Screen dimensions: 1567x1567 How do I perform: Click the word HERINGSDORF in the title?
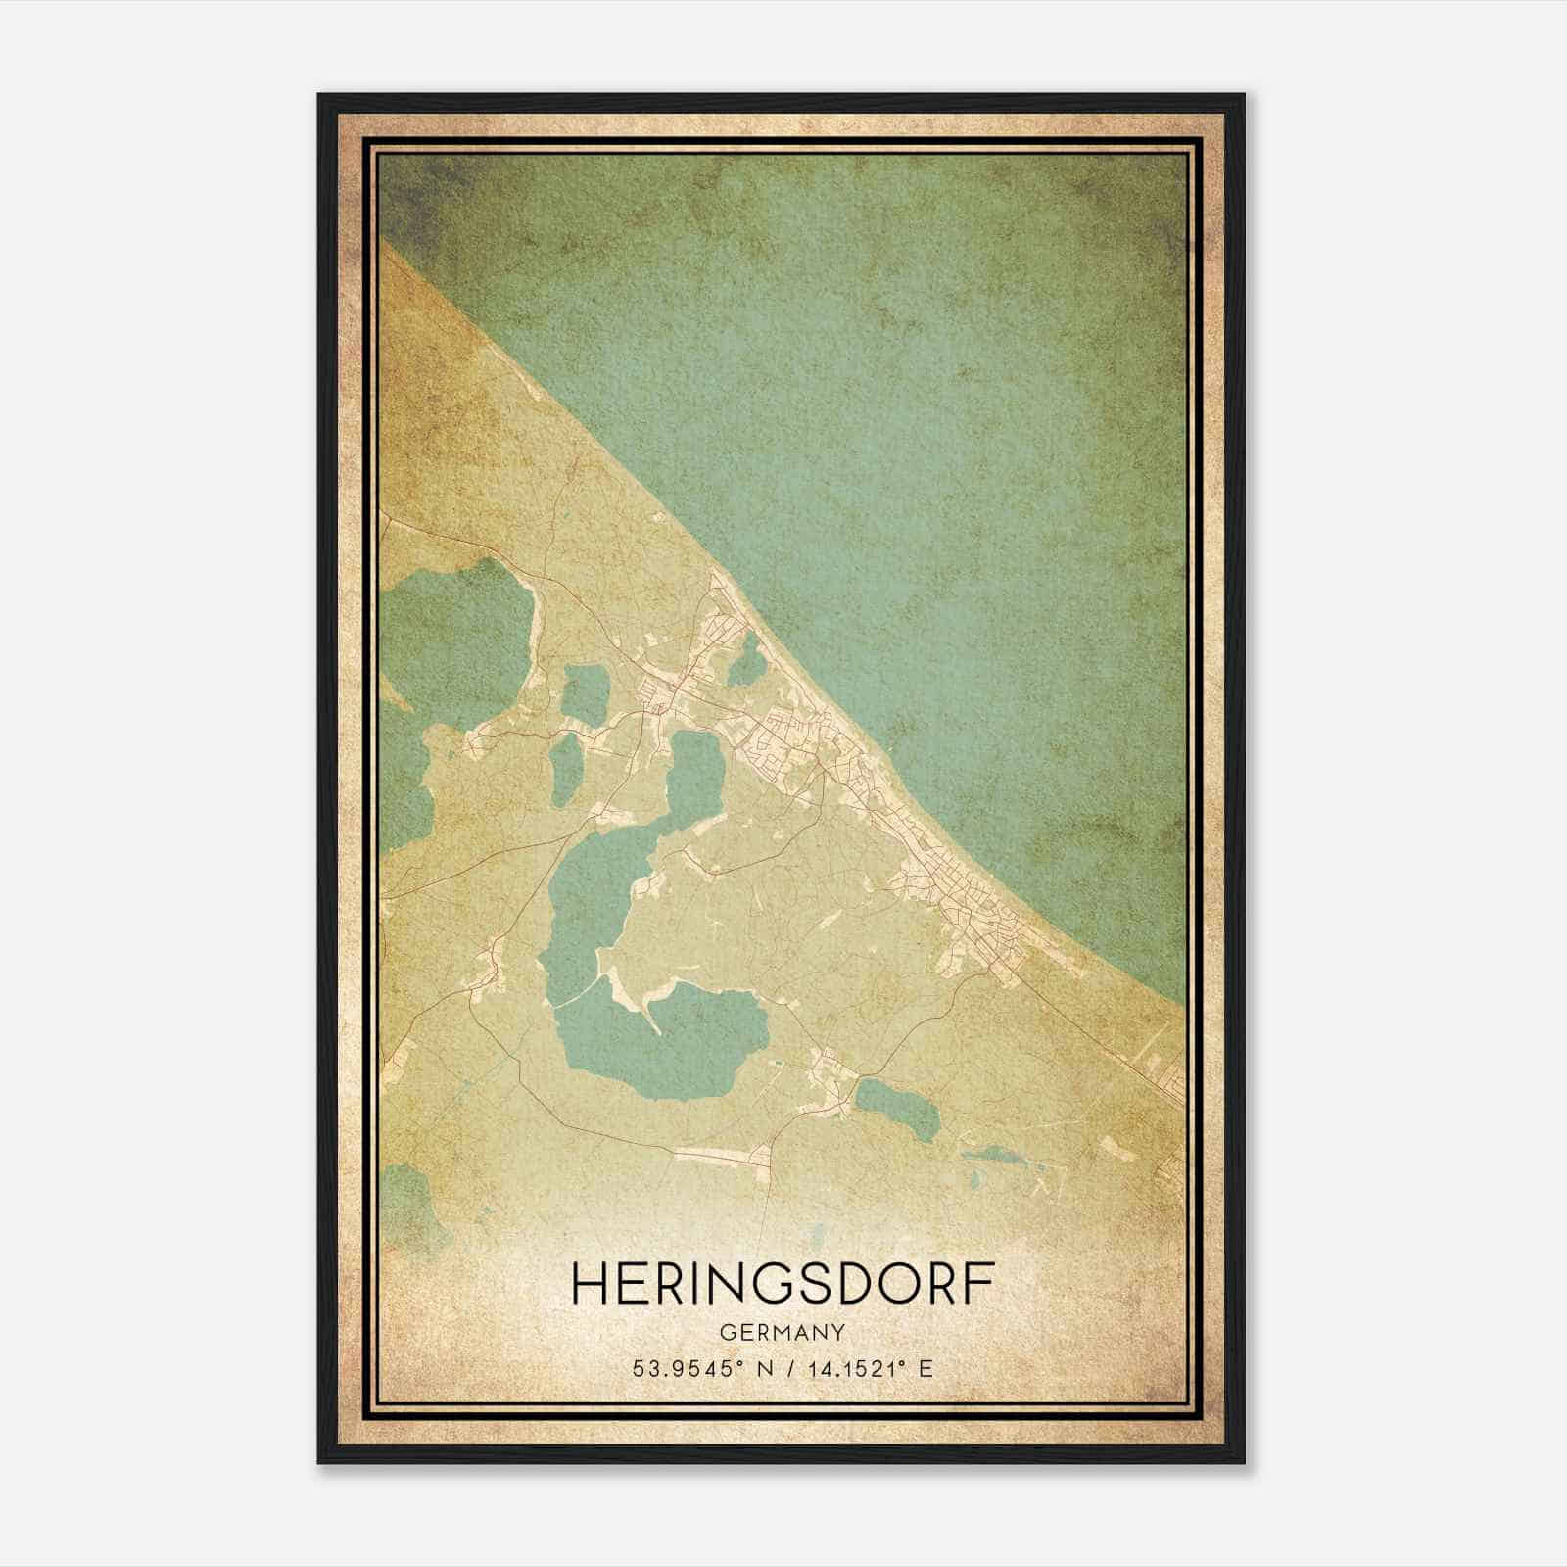click(x=783, y=1283)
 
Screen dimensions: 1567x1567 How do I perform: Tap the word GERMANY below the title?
click(x=783, y=1332)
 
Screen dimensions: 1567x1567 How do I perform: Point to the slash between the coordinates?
click(x=786, y=1368)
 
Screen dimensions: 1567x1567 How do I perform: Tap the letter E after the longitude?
click(x=926, y=1368)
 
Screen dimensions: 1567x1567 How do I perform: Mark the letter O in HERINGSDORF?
click(x=895, y=1283)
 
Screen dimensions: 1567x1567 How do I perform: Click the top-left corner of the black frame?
click(x=320, y=96)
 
